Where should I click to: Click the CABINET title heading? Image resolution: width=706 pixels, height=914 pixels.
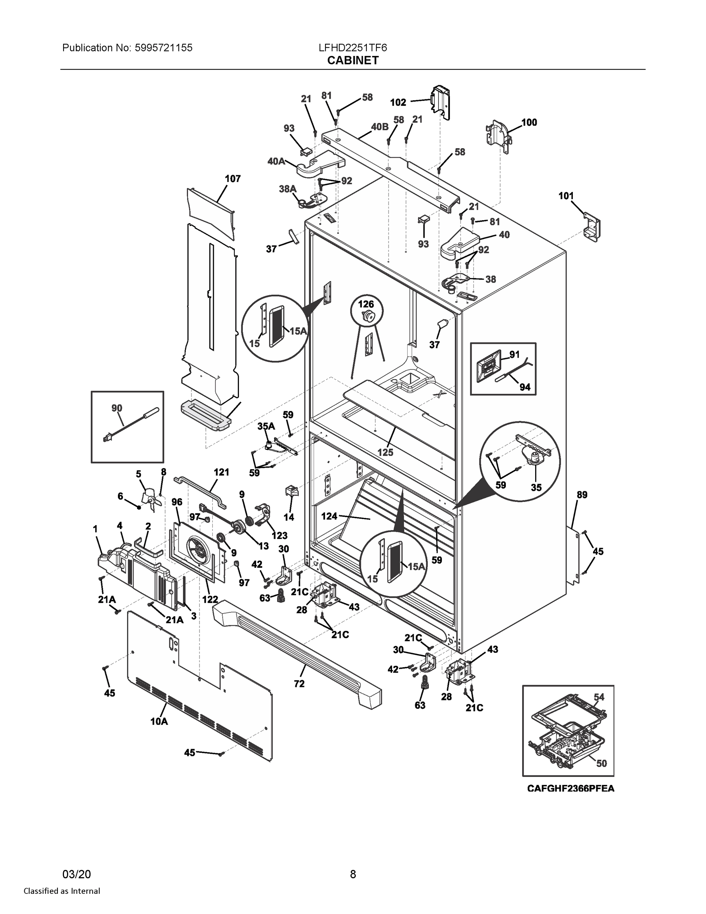(352, 61)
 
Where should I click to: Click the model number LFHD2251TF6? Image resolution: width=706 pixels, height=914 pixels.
(352, 48)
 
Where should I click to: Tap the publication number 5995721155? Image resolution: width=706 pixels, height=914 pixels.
(164, 48)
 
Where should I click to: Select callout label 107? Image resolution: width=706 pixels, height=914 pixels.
(233, 179)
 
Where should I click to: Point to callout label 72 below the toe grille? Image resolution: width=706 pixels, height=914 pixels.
(299, 684)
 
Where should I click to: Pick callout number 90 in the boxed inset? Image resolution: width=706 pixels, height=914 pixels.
(117, 408)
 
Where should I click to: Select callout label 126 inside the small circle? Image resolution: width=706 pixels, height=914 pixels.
(366, 305)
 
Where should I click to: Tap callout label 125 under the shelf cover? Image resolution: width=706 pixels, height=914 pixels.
(385, 452)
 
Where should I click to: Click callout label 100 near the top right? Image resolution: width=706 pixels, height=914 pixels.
(529, 122)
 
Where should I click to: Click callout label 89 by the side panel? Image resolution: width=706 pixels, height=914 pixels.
(582, 495)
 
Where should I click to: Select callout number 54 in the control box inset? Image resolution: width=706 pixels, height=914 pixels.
(599, 697)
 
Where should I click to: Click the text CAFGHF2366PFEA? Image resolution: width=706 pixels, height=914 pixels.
(571, 788)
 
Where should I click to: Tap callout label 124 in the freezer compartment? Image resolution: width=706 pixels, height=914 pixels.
(329, 516)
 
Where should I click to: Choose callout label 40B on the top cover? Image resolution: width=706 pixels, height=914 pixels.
(379, 126)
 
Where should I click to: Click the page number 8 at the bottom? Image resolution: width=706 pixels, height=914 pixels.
(352, 874)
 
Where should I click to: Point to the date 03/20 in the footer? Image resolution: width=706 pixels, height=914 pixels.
(76, 874)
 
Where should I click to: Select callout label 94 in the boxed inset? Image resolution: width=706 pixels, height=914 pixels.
(525, 387)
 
